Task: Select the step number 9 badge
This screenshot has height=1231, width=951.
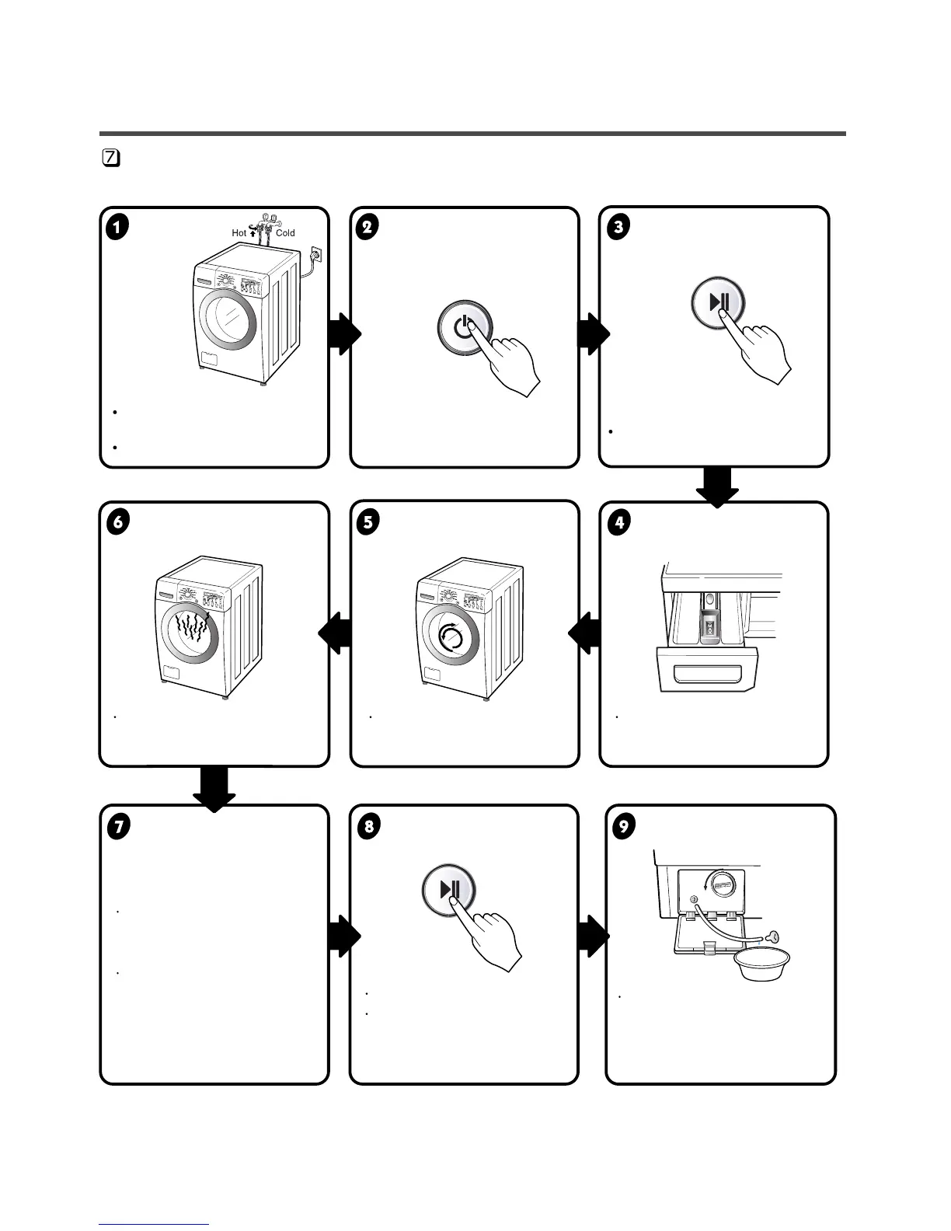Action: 623,826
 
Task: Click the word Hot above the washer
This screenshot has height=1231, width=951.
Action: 239,232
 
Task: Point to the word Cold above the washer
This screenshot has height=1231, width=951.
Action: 285,232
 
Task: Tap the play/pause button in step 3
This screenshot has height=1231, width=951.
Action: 719,302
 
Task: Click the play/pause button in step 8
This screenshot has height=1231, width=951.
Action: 449,889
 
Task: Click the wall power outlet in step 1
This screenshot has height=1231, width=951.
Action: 315,253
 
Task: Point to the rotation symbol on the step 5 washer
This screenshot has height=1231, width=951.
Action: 453,638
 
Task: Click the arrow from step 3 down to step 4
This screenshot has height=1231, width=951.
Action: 716,487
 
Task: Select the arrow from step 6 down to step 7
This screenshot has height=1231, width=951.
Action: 214,789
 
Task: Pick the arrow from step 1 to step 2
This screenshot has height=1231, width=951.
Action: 344,334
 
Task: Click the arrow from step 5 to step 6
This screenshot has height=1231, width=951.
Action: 336,633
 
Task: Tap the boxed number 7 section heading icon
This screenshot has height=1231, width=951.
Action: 111,158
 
